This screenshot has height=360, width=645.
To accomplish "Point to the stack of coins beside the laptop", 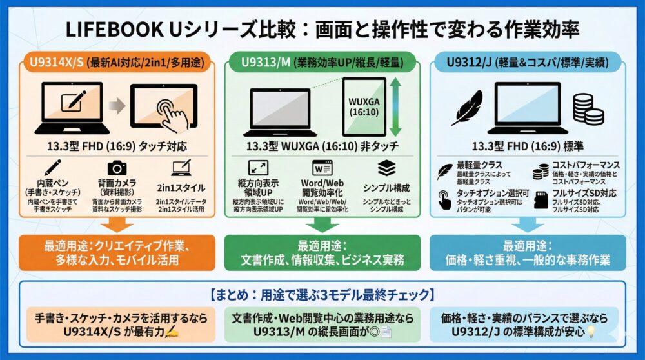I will [588, 112].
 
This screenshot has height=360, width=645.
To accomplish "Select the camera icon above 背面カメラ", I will [117, 168].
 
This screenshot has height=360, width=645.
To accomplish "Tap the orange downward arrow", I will [117, 223].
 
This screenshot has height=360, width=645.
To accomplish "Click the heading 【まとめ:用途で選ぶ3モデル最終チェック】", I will [322, 295].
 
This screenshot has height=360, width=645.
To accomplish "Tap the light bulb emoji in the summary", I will [590, 334].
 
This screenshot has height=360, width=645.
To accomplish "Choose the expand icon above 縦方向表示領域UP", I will [259, 168].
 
